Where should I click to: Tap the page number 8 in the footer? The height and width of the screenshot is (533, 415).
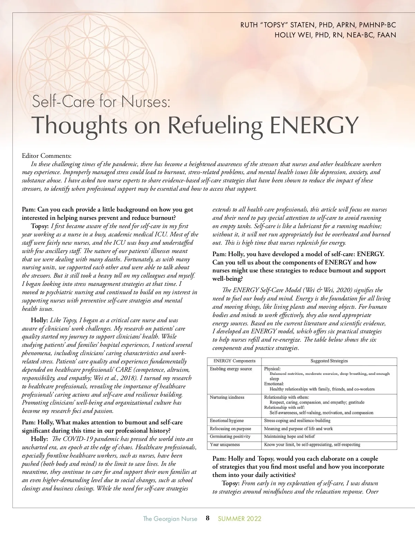tap(207, 518)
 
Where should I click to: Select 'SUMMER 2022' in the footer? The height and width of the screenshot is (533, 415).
tap(239, 518)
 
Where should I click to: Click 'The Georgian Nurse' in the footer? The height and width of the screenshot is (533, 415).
tap(170, 518)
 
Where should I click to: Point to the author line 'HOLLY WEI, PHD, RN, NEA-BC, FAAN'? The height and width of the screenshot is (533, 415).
tap(335, 35)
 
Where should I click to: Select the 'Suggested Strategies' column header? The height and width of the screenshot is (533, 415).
tap(329, 361)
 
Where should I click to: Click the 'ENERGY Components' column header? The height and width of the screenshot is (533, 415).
tap(234, 361)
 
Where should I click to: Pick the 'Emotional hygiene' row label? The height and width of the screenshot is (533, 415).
tap(227, 421)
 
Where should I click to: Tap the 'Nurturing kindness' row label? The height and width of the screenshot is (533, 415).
tap(227, 397)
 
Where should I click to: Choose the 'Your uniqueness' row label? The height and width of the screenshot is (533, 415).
tap(225, 444)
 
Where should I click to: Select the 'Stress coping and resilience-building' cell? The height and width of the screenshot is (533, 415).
tap(297, 421)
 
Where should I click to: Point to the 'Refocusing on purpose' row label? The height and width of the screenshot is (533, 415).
tap(230, 428)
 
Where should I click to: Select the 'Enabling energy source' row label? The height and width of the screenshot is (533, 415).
tap(231, 369)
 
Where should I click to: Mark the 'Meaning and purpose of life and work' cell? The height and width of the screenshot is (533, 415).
tap(298, 428)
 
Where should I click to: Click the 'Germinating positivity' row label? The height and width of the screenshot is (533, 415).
tap(230, 436)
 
